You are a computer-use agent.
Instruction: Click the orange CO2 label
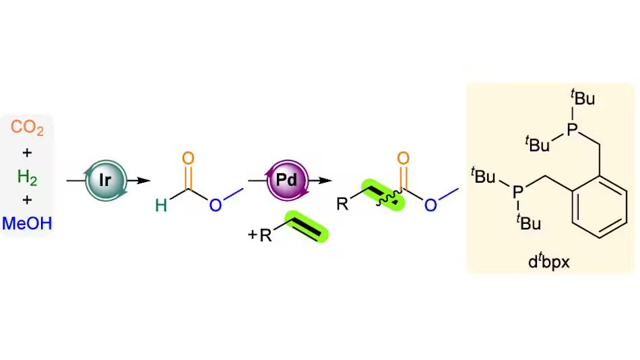27,127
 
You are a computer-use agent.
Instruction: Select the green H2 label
27,177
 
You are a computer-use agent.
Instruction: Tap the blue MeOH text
27,224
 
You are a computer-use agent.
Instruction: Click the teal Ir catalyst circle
106,180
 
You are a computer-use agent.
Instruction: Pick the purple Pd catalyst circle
287,180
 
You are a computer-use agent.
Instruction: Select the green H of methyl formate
161,205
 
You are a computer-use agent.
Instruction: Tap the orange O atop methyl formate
188,158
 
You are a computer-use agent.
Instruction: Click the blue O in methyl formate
216,205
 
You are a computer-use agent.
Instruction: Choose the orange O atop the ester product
404,158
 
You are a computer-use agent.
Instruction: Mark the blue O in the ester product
430,205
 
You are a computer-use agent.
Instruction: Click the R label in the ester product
342,204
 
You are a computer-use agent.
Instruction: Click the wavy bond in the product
389,199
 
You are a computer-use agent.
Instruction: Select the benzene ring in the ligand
600,207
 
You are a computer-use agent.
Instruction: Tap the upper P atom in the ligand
572,129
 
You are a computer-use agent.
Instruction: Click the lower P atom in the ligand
517,192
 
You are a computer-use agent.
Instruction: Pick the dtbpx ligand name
548,262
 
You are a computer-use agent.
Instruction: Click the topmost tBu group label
583,98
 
